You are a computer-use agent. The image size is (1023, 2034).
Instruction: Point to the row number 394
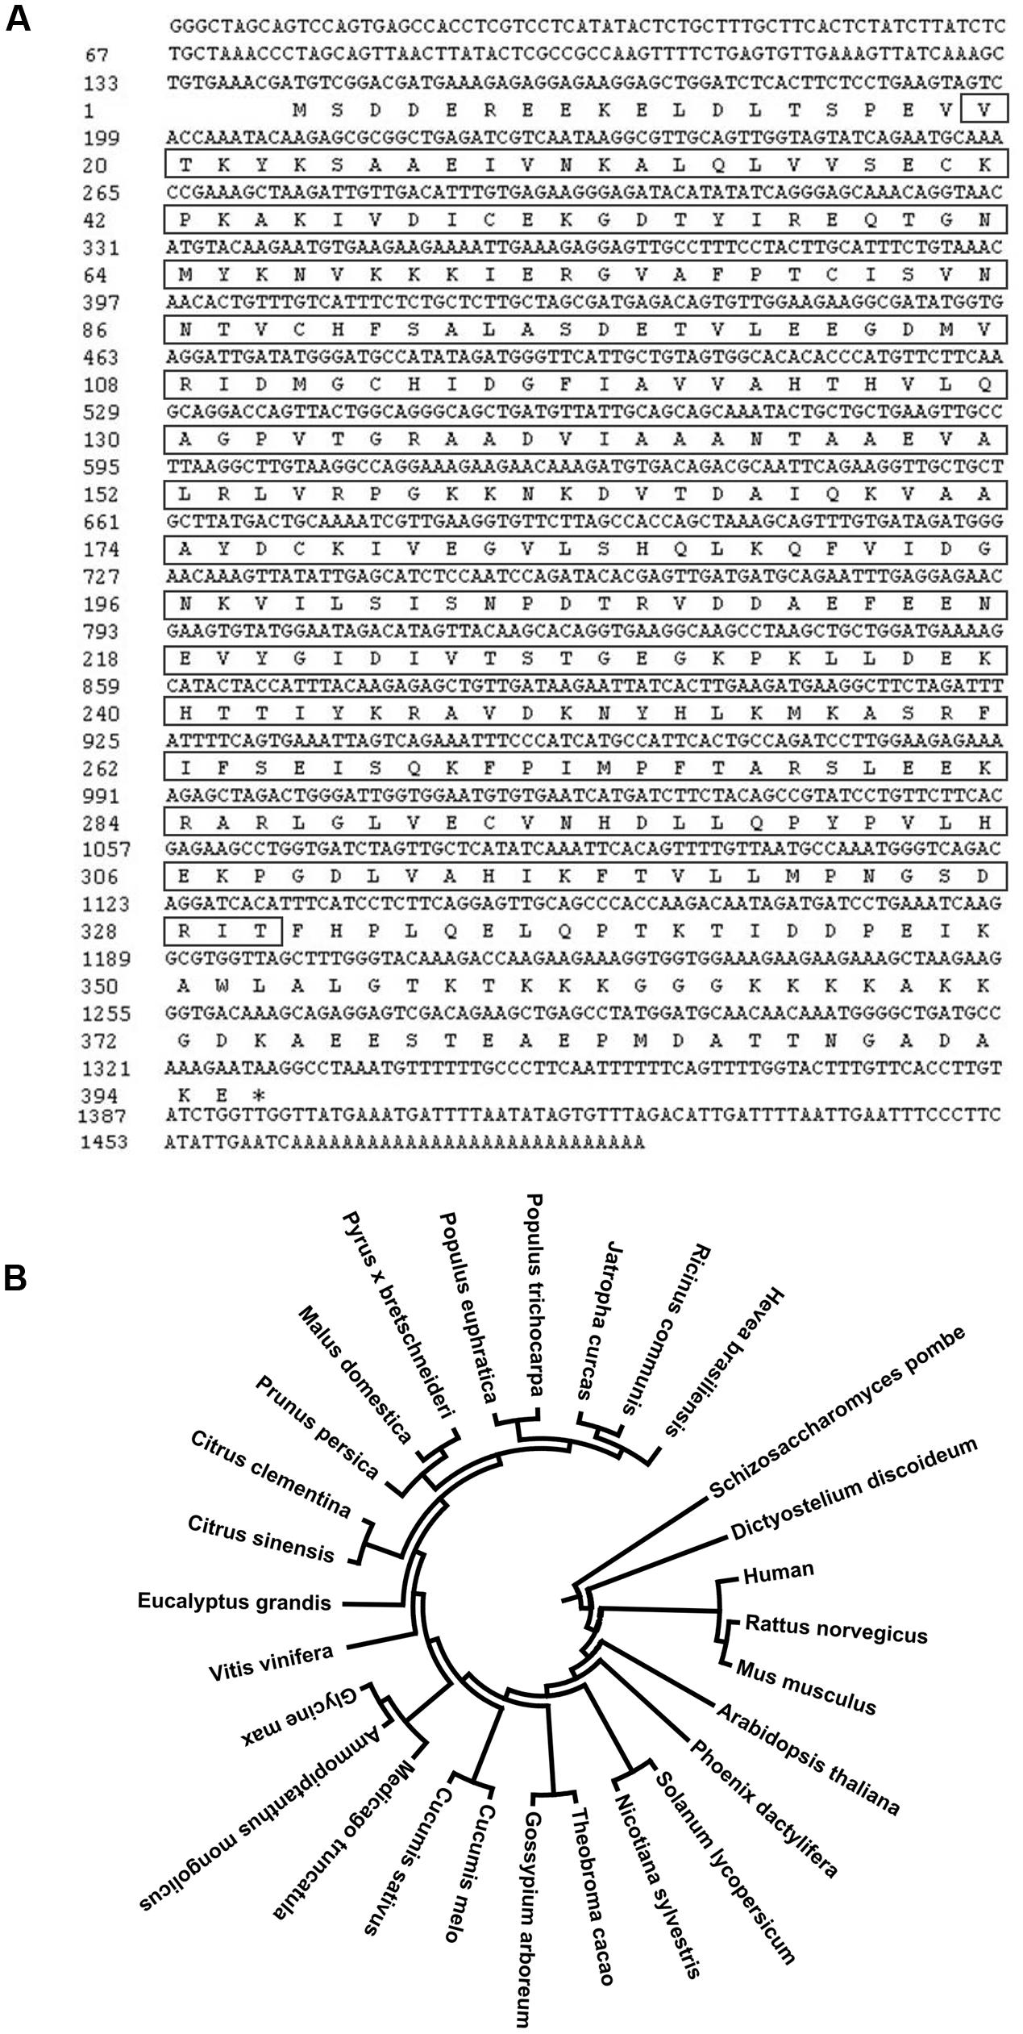pyautogui.click(x=101, y=1095)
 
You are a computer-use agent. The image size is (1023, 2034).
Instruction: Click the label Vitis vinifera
pyautogui.click(x=271, y=1661)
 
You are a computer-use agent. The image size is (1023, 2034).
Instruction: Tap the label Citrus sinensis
pyautogui.click(x=260, y=1540)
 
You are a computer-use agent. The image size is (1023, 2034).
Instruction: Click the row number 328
pyautogui.click(x=101, y=932)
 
